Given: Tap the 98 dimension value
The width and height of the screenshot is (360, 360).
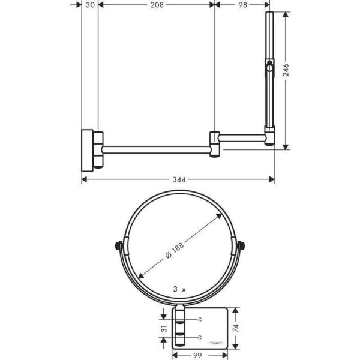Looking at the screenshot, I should [242, 5].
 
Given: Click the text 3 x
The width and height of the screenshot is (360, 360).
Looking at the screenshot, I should [179, 289].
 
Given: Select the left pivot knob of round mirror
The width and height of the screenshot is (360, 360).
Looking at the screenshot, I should [117, 245].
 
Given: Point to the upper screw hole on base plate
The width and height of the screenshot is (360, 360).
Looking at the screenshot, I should [200, 318].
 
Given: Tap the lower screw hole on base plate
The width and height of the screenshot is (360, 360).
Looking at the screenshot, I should [200, 337].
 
